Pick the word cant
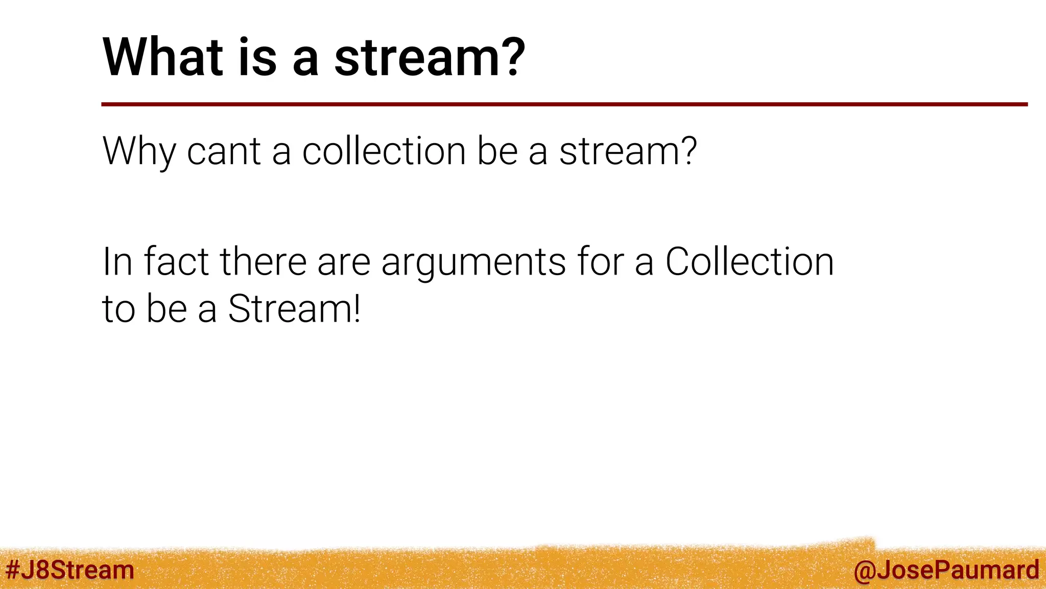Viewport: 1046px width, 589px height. coord(224,151)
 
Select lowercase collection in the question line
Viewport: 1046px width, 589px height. coord(384,151)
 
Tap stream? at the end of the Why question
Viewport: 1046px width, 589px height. coord(628,151)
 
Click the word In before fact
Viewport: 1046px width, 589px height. coord(117,262)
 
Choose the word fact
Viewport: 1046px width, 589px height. coord(176,262)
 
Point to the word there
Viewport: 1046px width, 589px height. coord(263,262)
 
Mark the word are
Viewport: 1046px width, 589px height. coord(343,262)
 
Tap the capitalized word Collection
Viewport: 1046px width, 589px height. coord(749,262)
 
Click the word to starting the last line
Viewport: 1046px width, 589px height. coord(118,309)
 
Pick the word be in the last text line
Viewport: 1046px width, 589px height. coord(166,309)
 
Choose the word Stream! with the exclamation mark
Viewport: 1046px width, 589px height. coord(294,309)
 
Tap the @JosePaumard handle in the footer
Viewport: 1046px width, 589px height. coord(946,570)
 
